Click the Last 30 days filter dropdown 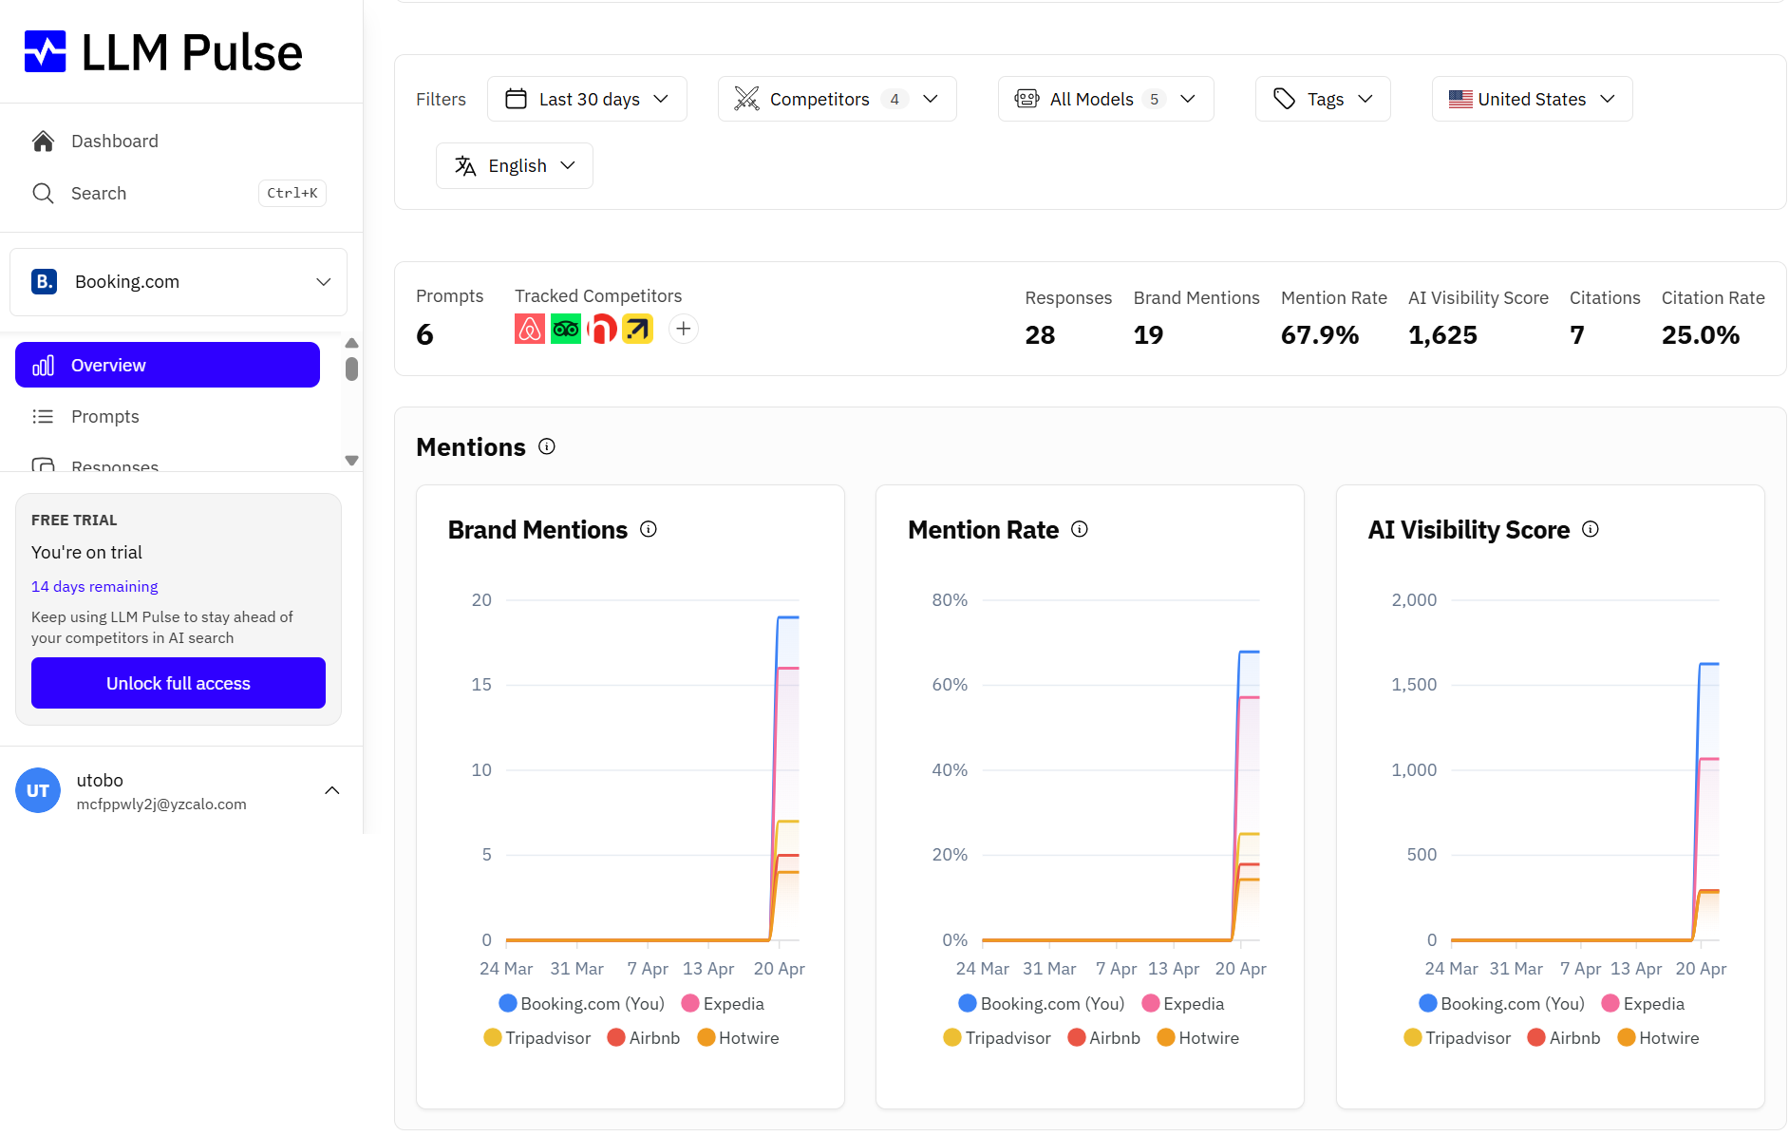587,99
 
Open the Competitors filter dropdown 837,99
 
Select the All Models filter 1105,99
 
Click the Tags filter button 1323,99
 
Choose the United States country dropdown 1532,99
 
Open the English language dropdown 515,165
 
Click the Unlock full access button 179,683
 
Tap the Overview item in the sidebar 167,365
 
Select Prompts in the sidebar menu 104,416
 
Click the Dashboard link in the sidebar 114,141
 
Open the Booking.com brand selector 179,281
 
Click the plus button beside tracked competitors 684,329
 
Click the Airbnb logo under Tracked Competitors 530,329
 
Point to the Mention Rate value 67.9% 1320,334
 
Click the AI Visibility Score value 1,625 1442,334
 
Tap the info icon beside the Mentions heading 547,446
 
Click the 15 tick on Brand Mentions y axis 481,685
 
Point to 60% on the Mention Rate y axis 950,685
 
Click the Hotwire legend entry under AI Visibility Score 1658,1038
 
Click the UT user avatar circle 38,790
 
